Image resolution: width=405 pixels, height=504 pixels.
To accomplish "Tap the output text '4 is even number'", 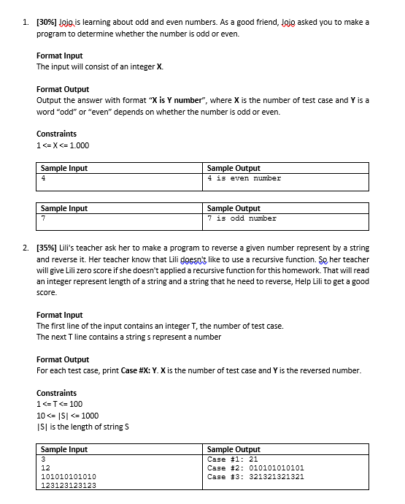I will tap(244, 178).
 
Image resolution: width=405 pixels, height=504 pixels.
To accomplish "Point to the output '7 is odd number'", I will tap(242, 218).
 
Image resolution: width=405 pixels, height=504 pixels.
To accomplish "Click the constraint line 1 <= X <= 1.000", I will tap(63, 145).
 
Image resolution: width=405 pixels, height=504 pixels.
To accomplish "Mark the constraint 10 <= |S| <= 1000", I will tap(69, 416).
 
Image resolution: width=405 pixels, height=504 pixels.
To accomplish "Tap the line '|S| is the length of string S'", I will tap(81, 427).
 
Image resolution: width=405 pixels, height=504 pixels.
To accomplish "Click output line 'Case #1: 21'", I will tap(228, 459).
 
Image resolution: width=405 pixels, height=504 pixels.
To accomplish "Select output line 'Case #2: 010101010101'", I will tap(255, 467).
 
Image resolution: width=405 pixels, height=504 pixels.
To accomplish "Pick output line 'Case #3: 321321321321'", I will tap(255, 476).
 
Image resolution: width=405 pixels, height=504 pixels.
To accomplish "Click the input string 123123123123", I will tap(69, 485).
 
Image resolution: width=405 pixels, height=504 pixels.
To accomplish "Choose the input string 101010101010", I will tap(69, 476).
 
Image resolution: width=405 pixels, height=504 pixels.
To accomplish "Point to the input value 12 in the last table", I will tap(45, 467).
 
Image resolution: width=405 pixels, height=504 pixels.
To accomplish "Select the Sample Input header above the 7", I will tap(64, 208).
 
